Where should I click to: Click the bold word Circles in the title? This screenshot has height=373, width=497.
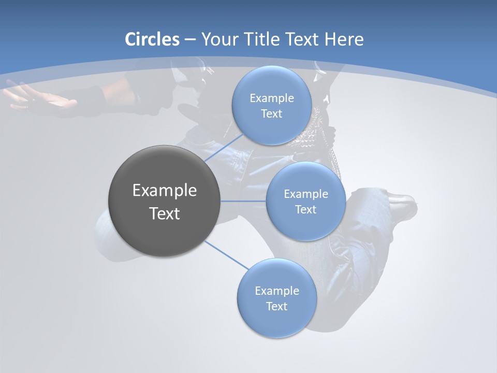[152, 39]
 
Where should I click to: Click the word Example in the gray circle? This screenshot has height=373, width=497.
[165, 190]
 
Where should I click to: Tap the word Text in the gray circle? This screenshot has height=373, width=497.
[165, 213]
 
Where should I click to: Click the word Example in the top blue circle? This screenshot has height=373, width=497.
[271, 98]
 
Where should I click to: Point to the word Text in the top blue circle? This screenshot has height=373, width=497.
[271, 114]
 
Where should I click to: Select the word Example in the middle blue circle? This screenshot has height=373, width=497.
[305, 194]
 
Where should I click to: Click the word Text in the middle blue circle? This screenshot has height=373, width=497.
[305, 210]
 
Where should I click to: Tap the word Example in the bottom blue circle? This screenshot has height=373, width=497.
[276, 291]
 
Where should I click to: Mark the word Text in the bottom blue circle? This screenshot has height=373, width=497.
[276, 307]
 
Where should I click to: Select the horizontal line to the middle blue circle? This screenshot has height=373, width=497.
[243, 201]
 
